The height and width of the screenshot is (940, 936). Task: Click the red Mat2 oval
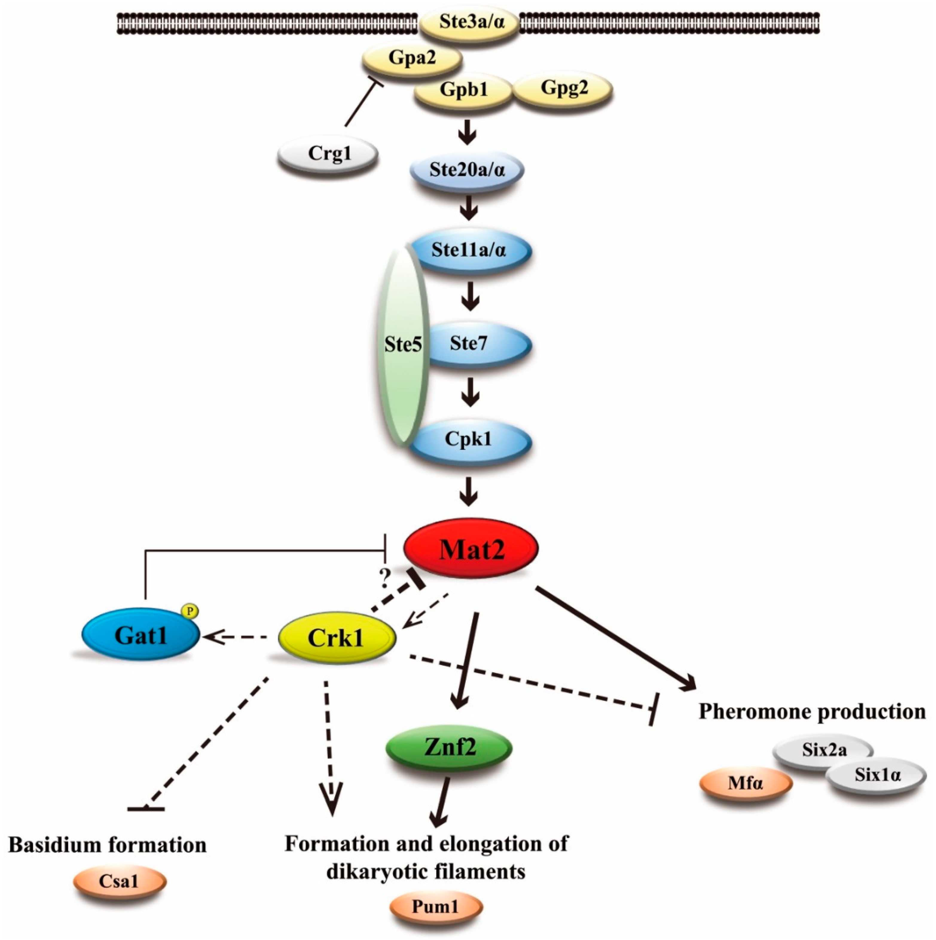(x=471, y=549)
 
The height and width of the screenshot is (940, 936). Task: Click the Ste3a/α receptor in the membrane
(x=469, y=23)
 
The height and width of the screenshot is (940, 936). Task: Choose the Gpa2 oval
(x=412, y=59)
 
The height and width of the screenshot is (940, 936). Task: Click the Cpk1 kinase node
(x=468, y=439)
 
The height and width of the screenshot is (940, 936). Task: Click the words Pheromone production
(x=812, y=711)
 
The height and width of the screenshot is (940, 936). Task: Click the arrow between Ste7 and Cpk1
(x=469, y=392)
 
